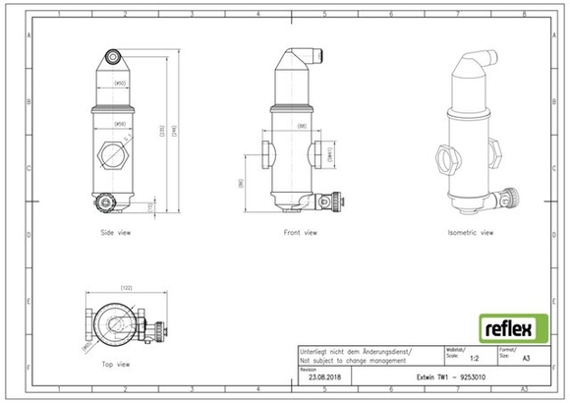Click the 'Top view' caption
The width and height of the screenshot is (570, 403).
116,363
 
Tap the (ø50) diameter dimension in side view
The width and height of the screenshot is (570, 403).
119,85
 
